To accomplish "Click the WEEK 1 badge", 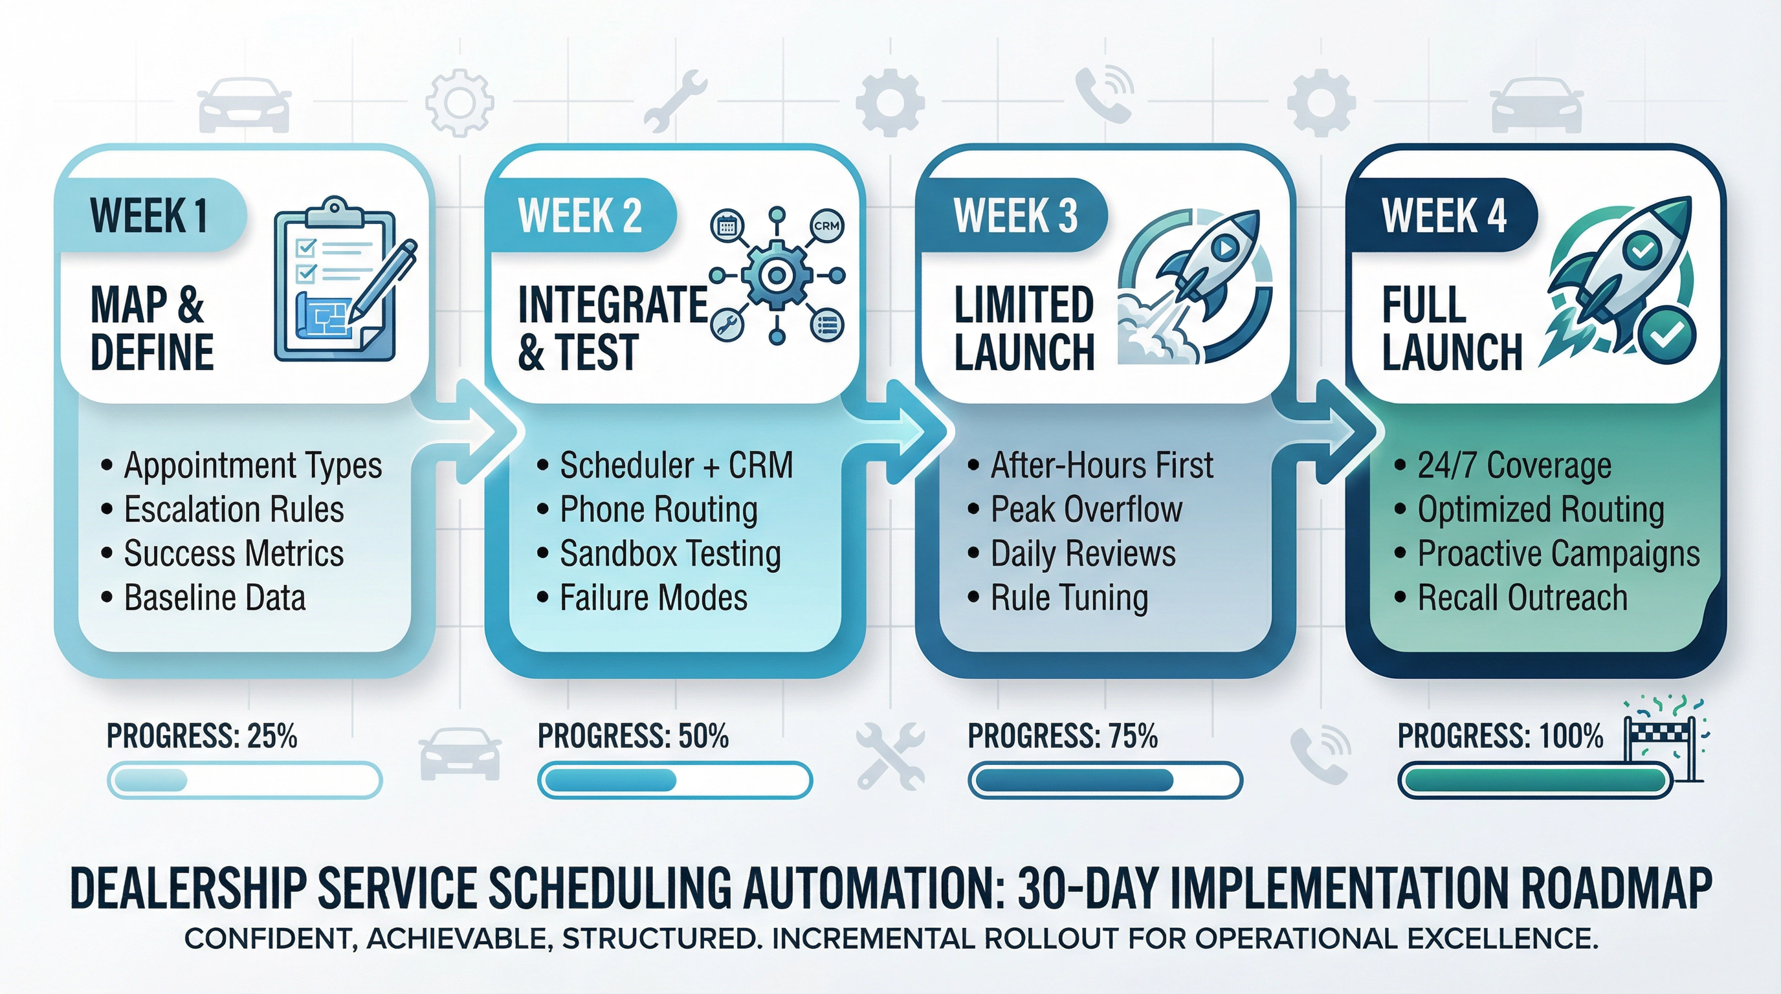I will tap(149, 215).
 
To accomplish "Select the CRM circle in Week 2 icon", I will tap(826, 226).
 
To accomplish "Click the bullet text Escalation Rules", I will tap(234, 510).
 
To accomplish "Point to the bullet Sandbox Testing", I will tap(670, 555).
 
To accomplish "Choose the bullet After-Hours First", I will tap(1101, 465).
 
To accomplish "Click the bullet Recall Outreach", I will tap(1521, 598).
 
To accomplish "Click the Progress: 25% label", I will tap(202, 736).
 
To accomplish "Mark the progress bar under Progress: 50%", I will tap(675, 781).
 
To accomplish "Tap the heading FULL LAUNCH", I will tap(1450, 329).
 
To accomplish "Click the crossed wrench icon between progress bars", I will tap(890, 755).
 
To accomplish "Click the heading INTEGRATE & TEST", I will tap(612, 329).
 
